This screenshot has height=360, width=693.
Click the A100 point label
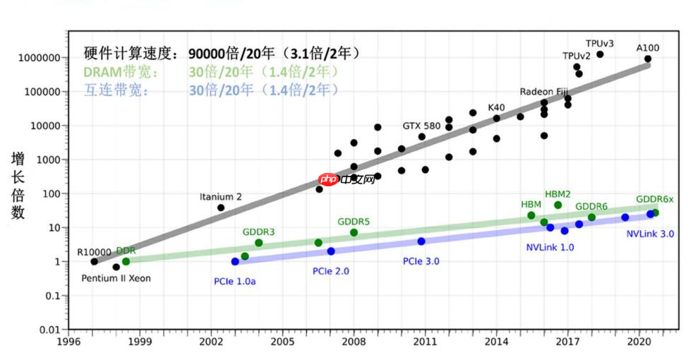coord(648,48)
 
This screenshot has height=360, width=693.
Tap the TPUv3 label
coord(600,43)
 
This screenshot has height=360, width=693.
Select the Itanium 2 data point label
coord(220,197)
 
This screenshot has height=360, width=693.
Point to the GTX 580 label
coord(421,126)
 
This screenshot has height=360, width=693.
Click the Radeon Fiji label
coord(544,92)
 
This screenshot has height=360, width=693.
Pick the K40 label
coord(496,107)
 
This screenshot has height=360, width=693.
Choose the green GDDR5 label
coord(354,222)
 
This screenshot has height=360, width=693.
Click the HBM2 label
coord(558,193)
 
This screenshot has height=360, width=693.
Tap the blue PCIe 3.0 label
coord(421,261)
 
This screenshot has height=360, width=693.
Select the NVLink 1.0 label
coord(550,247)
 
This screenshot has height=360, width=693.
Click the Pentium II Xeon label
coord(116,278)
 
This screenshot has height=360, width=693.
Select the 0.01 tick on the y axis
coord(48,330)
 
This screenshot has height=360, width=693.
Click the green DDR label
coord(126,251)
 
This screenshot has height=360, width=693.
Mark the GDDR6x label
coord(655,199)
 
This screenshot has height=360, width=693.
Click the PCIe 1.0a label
coord(235,281)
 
